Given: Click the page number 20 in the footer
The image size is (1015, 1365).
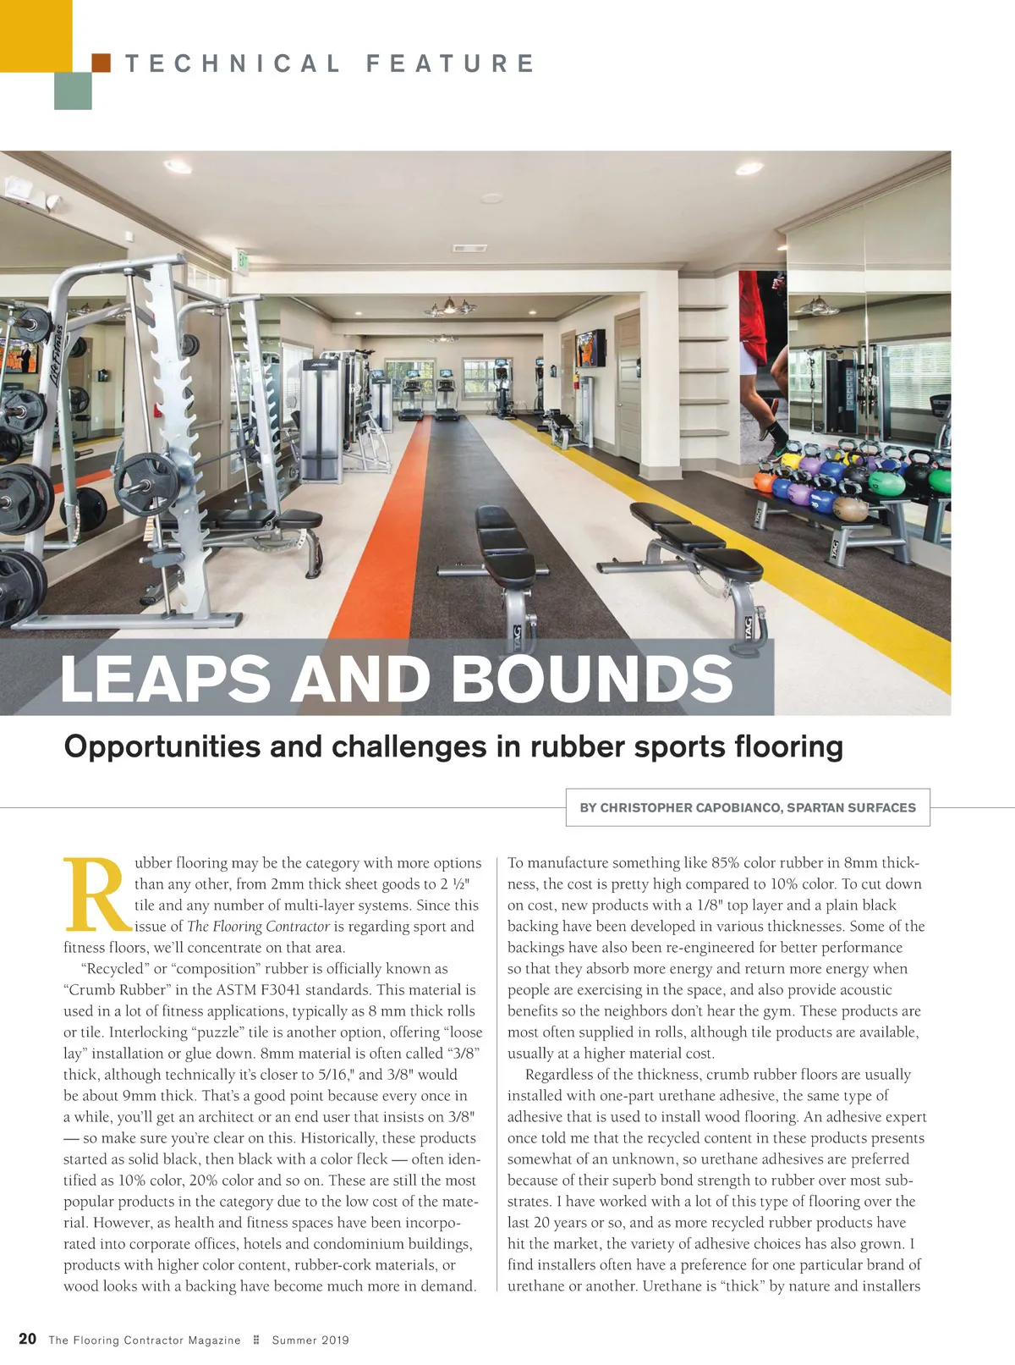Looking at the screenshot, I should pyautogui.click(x=28, y=1339).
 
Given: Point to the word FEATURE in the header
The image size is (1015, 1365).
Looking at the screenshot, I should pyautogui.click(x=450, y=63).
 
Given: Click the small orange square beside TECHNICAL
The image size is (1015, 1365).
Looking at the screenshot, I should pyautogui.click(x=101, y=63).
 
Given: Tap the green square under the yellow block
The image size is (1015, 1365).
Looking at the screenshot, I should pyautogui.click(x=73, y=91).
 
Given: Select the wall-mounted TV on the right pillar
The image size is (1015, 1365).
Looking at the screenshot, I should pyautogui.click(x=590, y=349).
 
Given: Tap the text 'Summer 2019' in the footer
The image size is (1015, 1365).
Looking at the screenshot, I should pyautogui.click(x=310, y=1340).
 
